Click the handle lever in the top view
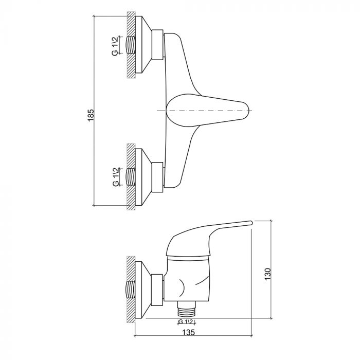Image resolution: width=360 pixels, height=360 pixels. [208, 110]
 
